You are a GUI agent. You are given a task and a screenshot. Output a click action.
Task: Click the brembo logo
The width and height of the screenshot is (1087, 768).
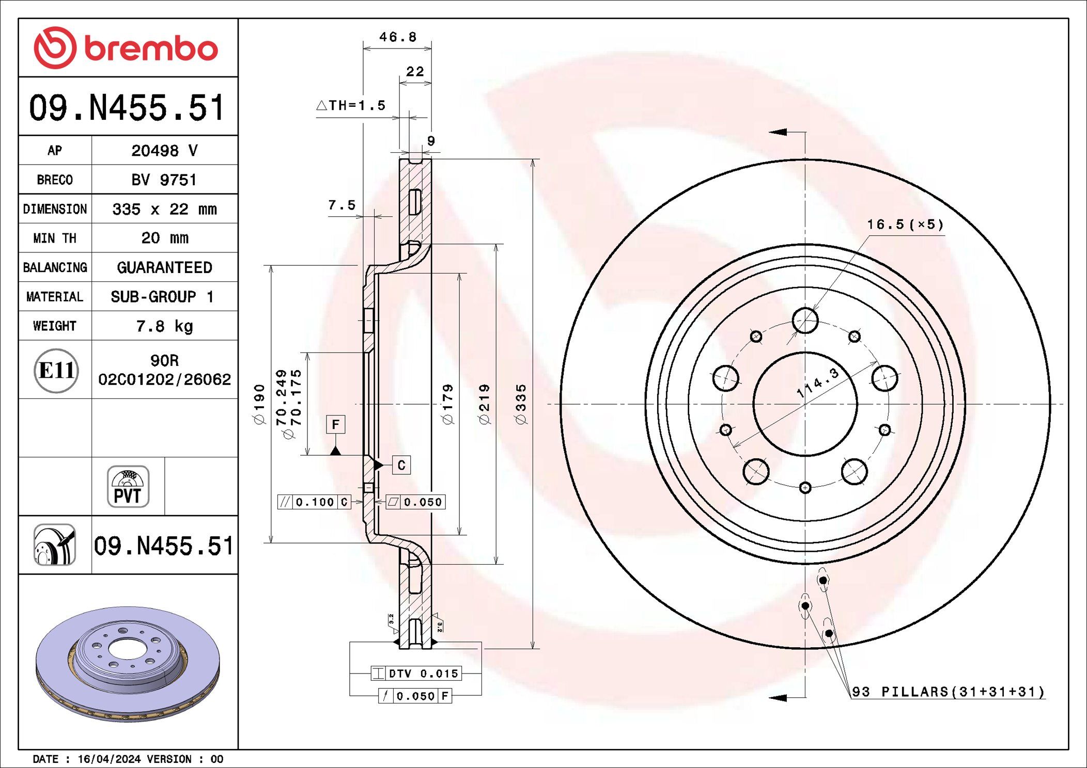pyautogui.click(x=126, y=47)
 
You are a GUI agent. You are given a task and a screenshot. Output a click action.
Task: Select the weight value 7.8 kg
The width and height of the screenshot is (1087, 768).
pyautogui.click(x=164, y=326)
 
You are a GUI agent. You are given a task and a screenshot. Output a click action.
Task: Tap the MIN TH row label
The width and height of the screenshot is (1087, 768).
pyautogui.click(x=55, y=238)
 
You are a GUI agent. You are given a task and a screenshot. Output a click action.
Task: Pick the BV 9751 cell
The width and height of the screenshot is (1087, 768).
pyautogui.click(x=164, y=180)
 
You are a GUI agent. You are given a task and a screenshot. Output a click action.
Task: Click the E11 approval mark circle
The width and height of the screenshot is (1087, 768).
pyautogui.click(x=56, y=370)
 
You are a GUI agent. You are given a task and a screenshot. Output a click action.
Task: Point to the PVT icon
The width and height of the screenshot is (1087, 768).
pyautogui.click(x=128, y=487)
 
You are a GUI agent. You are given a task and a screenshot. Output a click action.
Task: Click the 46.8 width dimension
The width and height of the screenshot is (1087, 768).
pyautogui.click(x=398, y=37)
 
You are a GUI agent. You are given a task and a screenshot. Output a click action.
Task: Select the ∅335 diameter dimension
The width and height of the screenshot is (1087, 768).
pyautogui.click(x=521, y=404)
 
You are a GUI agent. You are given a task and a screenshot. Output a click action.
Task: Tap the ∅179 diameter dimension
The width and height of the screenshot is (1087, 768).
pyautogui.click(x=447, y=404)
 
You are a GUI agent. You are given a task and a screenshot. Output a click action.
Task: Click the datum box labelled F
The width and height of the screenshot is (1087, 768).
pyautogui.click(x=336, y=424)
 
